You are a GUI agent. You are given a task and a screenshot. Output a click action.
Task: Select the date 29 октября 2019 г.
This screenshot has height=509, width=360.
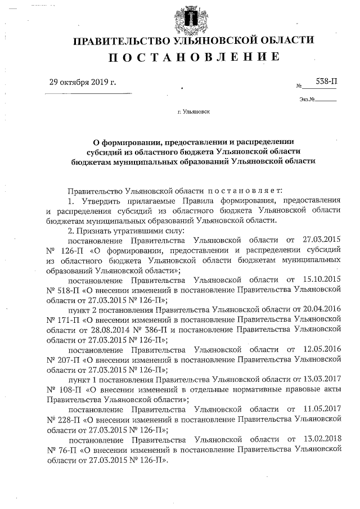click(83, 82)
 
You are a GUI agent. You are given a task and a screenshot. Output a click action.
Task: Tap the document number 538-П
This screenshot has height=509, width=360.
click(327, 82)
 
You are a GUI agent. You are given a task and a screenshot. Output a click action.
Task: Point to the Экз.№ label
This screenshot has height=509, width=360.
click(308, 100)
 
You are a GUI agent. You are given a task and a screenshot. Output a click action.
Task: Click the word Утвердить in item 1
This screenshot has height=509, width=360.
click(102, 201)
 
